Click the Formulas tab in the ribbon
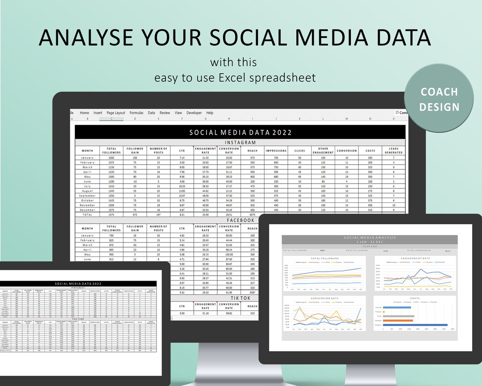click(137, 113)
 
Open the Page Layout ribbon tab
click(116, 113)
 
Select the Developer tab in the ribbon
click(194, 113)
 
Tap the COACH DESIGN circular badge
click(439, 99)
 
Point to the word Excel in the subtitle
click(233, 78)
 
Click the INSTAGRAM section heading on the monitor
click(241, 143)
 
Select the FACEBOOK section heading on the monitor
click(241, 220)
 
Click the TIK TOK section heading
click(240, 298)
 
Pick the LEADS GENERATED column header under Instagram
click(394, 151)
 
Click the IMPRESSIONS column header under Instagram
click(276, 151)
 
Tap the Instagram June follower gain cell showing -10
click(135, 181)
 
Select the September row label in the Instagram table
click(87, 196)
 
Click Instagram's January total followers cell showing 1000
click(111, 158)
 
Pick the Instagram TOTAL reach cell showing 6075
click(252, 214)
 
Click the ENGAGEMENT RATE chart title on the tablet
click(415, 258)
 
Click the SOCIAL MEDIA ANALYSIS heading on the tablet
click(369, 238)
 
